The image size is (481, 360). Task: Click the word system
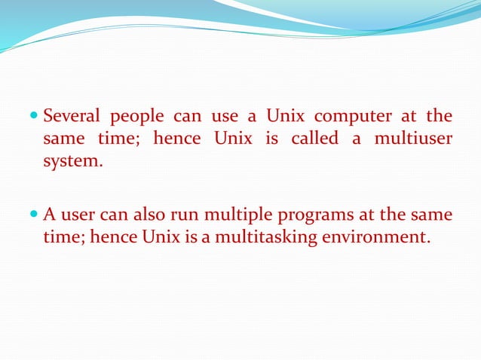[72, 162]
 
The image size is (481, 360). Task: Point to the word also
[152, 215]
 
